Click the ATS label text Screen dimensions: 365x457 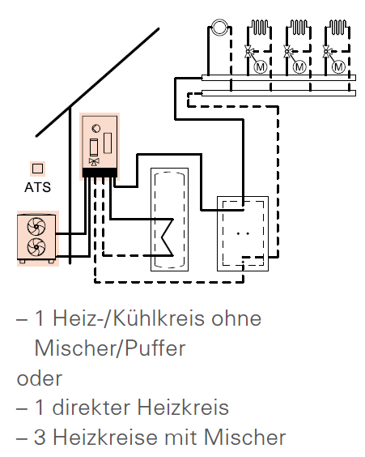(37, 187)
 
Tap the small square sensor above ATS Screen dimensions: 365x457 (37, 169)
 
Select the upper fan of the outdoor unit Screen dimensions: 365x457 (36, 226)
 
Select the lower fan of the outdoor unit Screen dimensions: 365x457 (36, 247)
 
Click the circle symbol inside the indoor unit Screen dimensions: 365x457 (96, 128)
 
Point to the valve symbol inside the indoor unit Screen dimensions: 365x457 (94, 162)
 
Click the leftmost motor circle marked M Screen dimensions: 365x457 (261, 67)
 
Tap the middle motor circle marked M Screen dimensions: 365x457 (299, 67)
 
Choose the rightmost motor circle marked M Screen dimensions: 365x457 (338, 67)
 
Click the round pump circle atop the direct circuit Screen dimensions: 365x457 (219, 27)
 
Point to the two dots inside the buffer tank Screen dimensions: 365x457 (243, 233)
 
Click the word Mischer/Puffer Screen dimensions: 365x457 (110, 348)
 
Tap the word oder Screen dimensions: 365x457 (40, 378)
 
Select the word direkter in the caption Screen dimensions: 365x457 (91, 407)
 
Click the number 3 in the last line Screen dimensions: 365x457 (40, 438)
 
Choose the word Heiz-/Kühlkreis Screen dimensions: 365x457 (157, 318)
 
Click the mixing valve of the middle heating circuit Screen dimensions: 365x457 (287, 51)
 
